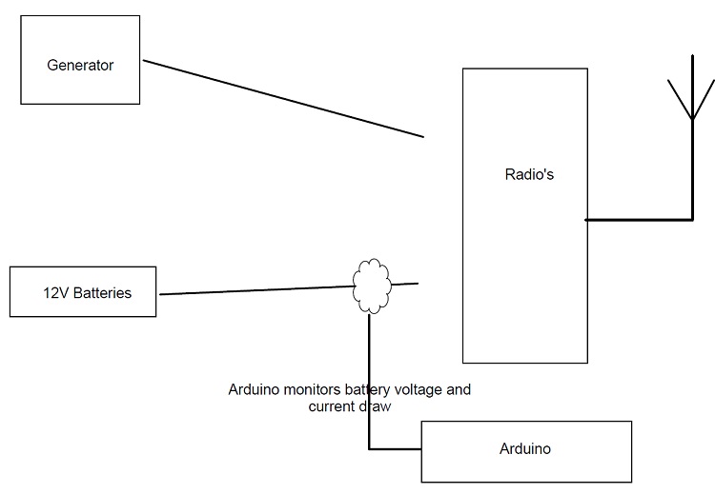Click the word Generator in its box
pos(80,66)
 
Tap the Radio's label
pos(528,174)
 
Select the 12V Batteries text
pos(87,292)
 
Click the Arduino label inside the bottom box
pos(524,448)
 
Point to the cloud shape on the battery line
pos(371,285)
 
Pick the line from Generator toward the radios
pos(283,99)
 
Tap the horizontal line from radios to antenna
pos(639,220)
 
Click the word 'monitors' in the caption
pos(314,389)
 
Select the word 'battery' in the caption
pos(367,389)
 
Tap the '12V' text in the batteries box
pos(55,292)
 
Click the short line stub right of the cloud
pos(406,283)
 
